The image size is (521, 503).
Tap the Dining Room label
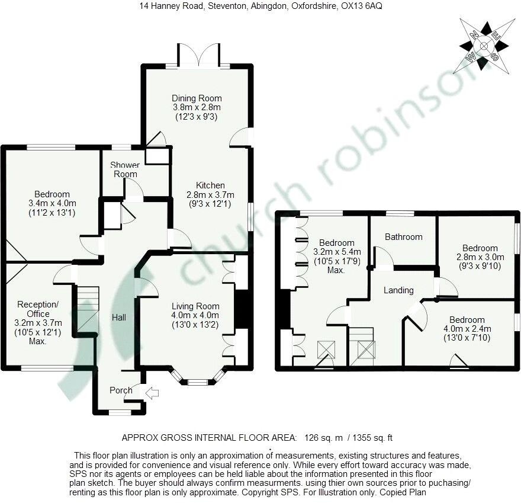[x=197, y=98]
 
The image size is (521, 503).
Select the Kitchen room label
[x=211, y=185]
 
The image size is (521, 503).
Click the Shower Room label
[x=125, y=169]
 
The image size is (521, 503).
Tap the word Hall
[x=119, y=318]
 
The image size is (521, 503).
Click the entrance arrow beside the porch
[x=152, y=392]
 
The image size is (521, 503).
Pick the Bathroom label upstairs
[x=403, y=237]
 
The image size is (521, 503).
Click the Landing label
[x=398, y=290]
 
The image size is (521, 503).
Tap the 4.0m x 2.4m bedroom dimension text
[x=467, y=329]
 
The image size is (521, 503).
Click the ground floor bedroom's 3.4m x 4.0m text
[x=52, y=203]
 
